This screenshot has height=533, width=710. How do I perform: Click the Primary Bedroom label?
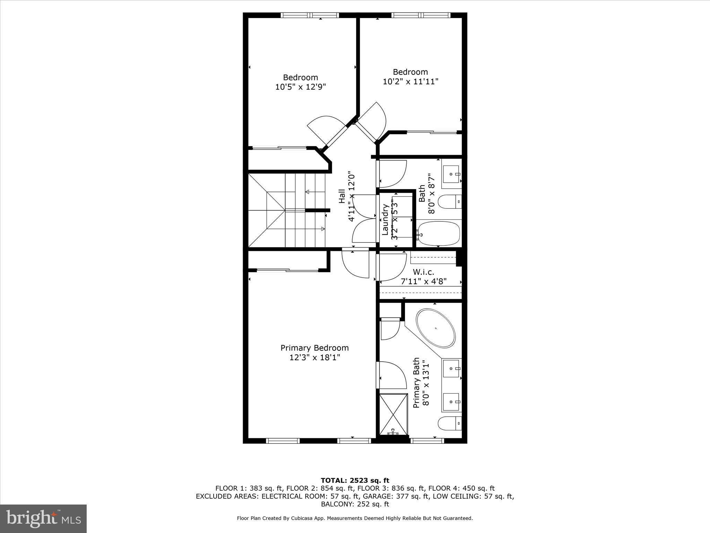coord(314,348)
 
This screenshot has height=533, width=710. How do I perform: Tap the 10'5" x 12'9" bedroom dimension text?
coord(301,87)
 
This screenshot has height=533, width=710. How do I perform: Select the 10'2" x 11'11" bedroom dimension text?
coord(410,82)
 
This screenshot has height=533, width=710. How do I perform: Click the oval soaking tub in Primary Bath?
coord(435,328)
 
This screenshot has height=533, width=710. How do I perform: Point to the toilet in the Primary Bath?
coord(449,423)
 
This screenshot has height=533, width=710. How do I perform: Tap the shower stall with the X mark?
coord(393,414)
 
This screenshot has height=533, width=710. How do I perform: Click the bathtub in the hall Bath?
coord(439,234)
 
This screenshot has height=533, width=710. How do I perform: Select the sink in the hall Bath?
coord(452,175)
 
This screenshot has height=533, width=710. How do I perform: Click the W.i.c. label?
coord(423,272)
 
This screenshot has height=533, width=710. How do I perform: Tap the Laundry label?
coord(385,220)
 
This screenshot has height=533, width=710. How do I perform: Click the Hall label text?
coord(341,196)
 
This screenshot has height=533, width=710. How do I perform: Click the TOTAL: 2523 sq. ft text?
coord(355,480)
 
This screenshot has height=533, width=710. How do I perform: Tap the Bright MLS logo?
coord(43,518)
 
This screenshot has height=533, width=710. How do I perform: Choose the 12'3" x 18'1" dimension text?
coord(314,357)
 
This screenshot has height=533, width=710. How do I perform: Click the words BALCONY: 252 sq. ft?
coord(355,504)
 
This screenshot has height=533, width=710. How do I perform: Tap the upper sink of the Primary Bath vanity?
coord(452,368)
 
